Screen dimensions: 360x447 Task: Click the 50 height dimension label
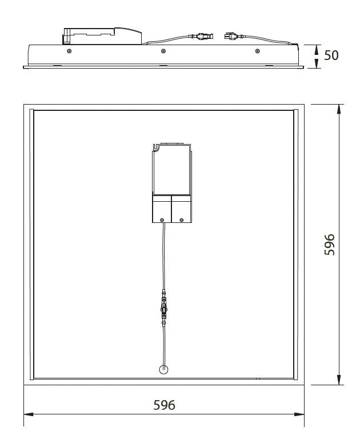(x=331, y=55)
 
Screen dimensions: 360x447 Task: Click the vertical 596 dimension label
(x=330, y=245)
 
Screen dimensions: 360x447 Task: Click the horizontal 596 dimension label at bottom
(x=164, y=405)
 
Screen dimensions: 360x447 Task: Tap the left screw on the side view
(x=69, y=51)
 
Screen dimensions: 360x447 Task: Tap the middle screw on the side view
(x=163, y=51)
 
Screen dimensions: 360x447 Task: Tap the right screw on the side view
(x=257, y=51)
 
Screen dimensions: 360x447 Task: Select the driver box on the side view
(x=102, y=36)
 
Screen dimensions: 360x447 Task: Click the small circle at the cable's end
(x=163, y=369)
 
